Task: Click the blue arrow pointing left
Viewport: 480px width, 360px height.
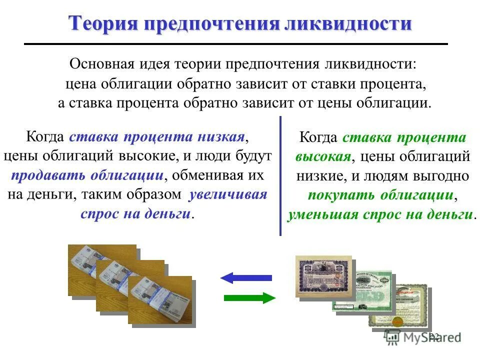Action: (x=246, y=277)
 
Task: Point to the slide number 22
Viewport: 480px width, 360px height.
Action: (x=434, y=336)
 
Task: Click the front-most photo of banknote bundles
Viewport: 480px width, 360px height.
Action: (x=159, y=300)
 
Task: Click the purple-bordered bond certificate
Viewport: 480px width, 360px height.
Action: (x=323, y=276)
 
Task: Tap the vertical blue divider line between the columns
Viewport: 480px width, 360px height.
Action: (x=280, y=175)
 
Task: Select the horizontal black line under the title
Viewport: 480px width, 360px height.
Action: (x=235, y=44)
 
